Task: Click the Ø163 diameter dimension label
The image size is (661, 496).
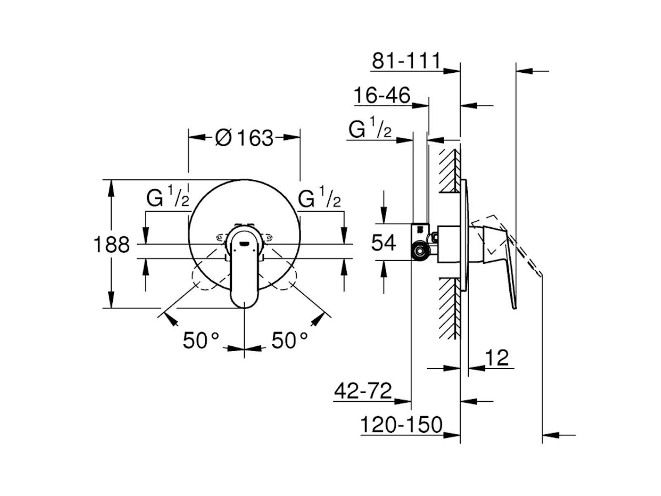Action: pyautogui.click(x=244, y=138)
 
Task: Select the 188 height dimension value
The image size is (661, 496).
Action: pyautogui.click(x=112, y=245)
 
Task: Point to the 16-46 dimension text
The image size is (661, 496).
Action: pyautogui.click(x=382, y=95)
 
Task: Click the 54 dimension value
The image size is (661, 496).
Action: pyautogui.click(x=383, y=243)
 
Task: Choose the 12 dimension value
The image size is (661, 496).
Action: pyautogui.click(x=497, y=358)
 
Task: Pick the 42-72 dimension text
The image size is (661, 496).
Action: pyautogui.click(x=363, y=391)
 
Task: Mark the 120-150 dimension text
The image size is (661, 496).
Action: pyautogui.click(x=402, y=424)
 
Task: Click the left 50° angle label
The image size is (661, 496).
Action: pyautogui.click(x=200, y=341)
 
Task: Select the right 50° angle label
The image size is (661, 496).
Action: pyautogui.click(x=290, y=341)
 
